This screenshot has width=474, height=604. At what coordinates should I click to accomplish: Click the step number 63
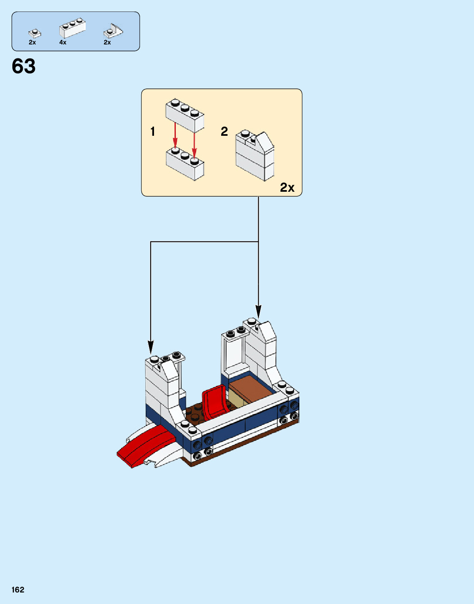click(x=24, y=66)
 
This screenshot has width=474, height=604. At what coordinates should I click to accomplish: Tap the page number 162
click(x=18, y=590)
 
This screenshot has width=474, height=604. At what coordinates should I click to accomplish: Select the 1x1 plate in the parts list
click(x=35, y=33)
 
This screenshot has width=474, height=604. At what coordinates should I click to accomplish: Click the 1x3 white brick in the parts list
click(x=72, y=28)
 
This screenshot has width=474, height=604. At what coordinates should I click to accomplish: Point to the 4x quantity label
click(x=63, y=42)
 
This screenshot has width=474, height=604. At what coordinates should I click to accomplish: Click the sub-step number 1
click(x=153, y=132)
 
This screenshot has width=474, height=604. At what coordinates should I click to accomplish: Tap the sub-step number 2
click(x=224, y=131)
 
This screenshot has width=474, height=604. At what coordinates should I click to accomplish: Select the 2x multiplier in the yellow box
click(x=287, y=188)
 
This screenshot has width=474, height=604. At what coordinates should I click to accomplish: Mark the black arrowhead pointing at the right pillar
click(x=258, y=311)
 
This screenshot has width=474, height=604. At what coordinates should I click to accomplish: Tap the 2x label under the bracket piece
click(x=107, y=42)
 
